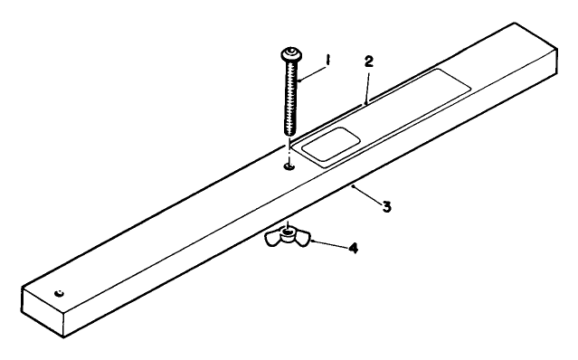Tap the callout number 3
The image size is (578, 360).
(385, 207)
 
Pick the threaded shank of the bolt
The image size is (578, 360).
(289, 99)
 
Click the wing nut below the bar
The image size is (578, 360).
(287, 237)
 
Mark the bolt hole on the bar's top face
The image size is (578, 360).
(289, 166)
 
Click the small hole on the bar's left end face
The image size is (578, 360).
(58, 293)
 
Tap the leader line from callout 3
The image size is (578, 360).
(365, 196)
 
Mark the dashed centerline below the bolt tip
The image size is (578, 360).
(289, 147)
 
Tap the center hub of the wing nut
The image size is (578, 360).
(287, 232)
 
